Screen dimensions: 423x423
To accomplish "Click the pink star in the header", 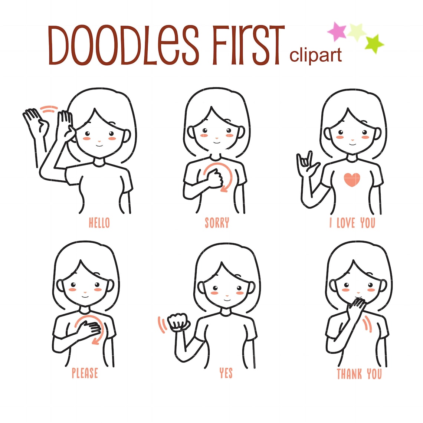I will point(337,32).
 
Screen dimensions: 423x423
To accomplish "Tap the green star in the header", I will point(374,43).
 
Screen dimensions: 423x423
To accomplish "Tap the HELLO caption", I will point(99,223).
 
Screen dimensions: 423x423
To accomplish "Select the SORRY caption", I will point(217,223).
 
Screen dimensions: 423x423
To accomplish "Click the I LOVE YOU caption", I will point(352,223).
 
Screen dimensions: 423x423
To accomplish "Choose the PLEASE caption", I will point(85,373).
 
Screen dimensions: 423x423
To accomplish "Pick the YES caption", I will point(226,373).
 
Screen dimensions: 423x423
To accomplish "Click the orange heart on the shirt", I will point(352,180).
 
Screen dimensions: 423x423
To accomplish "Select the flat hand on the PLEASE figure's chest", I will point(89,328).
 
